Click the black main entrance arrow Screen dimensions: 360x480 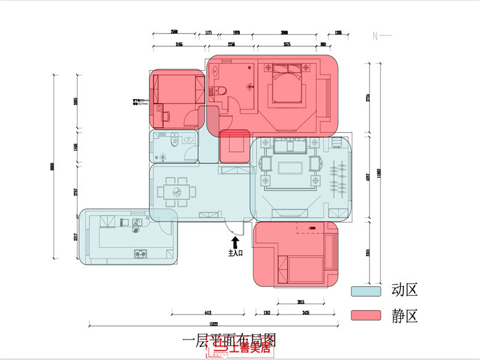click(235, 241)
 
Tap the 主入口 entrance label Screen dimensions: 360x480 click(235, 253)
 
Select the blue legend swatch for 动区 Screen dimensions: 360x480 click(366, 291)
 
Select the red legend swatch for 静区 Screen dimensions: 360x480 click(366, 316)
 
